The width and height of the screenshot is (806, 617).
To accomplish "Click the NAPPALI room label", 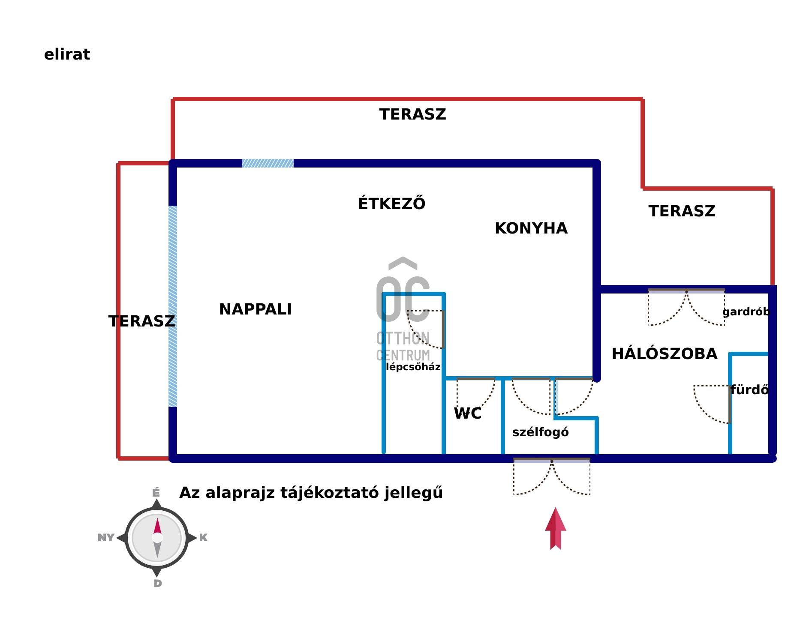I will tap(255, 309).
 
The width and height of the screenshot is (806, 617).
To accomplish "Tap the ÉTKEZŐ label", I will tap(391, 204).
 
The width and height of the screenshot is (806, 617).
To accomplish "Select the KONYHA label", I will tap(531, 228).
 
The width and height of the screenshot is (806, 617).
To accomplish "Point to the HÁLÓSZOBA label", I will tap(664, 354).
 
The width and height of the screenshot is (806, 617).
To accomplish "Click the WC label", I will tap(467, 413).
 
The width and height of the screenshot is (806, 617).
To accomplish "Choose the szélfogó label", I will tap(540, 432).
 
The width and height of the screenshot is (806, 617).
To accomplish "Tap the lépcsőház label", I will tap(413, 367).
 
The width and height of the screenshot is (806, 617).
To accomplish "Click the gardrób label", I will tap(746, 312).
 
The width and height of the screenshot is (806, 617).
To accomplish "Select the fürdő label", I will tap(749, 390).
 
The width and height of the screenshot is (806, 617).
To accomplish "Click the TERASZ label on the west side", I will tap(141, 321).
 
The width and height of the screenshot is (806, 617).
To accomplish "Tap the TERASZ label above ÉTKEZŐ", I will tap(412, 114).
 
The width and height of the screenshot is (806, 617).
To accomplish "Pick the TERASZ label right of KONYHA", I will tap(682, 211).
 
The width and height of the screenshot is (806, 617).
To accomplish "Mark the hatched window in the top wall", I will tap(268, 163).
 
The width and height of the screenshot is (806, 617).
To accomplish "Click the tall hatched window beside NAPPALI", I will tap(173, 306).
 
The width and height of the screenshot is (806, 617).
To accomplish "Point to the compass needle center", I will tap(157, 537).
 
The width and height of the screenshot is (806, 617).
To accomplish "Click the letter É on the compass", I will tap(156, 493).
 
